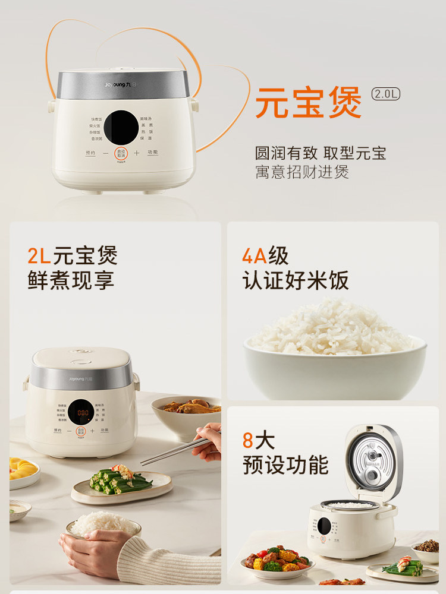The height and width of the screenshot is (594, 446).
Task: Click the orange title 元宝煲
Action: coord(309,102)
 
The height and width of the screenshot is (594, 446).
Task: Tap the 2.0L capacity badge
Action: coord(386,94)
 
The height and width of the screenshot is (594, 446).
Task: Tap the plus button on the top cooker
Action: coord(136,153)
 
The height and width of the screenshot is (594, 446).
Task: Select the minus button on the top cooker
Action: coord(105,153)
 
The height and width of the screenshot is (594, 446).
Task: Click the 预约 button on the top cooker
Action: coord(90,153)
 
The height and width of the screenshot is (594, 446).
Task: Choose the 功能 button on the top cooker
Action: coord(152,153)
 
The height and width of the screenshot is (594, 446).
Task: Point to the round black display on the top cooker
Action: coord(121,124)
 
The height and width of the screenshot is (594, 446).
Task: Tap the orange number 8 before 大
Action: coord(248,441)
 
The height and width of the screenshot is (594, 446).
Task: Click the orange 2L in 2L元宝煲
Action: coord(39,256)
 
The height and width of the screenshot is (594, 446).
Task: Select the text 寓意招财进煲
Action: coord(302,172)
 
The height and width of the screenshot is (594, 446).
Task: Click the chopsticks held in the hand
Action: coord(172,452)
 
